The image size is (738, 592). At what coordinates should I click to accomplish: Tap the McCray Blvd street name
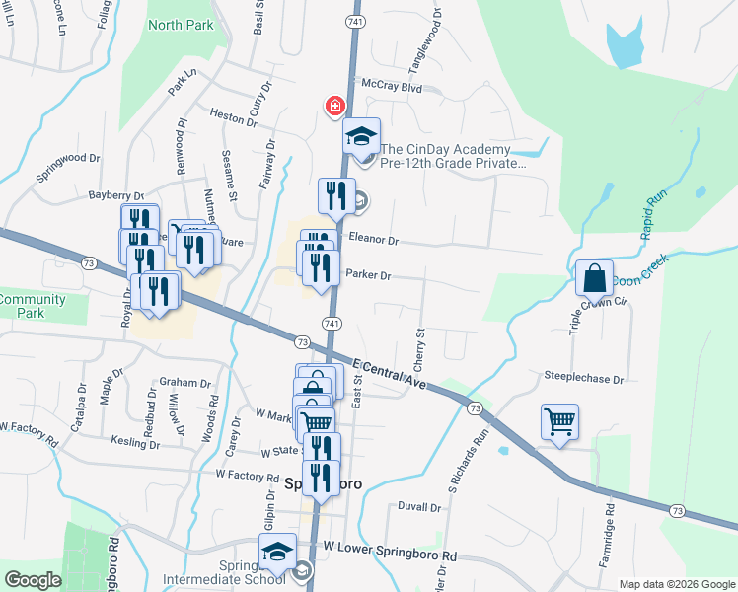pos(392,87)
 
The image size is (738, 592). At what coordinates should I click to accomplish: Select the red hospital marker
pos(335,105)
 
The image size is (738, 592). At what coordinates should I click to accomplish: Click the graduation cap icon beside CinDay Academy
pos(361,136)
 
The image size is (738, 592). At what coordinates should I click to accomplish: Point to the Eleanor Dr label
pos(373,240)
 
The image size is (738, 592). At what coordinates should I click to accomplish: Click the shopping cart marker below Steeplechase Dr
pos(559,422)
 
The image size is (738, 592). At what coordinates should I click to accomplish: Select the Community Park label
pos(33,306)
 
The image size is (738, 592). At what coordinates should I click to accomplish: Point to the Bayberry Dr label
pos(115,196)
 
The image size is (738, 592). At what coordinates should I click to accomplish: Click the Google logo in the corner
pos(33,580)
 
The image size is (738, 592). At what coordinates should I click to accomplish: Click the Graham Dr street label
pos(185,383)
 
